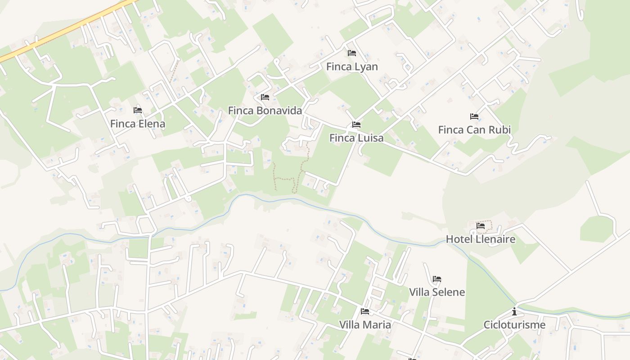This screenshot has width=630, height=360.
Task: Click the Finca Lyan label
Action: click(352, 67)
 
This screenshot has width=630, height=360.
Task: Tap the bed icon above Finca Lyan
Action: click(352, 53)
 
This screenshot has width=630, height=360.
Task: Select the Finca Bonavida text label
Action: click(265, 110)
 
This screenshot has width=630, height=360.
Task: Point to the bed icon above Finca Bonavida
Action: click(265, 97)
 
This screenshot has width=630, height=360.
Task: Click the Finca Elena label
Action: click(138, 124)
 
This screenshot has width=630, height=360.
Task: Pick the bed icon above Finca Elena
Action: click(138, 110)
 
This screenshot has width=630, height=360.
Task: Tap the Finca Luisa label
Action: click(356, 138)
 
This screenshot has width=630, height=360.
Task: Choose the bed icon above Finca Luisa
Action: click(356, 125)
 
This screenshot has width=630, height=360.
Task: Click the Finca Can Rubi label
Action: click(474, 130)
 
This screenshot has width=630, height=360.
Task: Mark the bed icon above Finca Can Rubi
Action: click(474, 117)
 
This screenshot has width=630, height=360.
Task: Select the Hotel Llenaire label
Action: click(480, 239)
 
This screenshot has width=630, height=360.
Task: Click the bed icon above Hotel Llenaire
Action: click(481, 226)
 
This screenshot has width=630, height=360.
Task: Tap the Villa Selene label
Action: click(437, 292)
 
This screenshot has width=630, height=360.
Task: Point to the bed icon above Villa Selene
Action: click(437, 279)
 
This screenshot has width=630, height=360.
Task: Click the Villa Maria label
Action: click(365, 324)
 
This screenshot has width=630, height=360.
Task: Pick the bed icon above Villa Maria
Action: click(365, 311)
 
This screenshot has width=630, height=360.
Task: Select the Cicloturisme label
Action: click(514, 325)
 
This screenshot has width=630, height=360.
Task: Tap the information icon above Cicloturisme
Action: click(514, 311)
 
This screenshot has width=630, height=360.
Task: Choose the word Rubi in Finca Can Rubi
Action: click(500, 130)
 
